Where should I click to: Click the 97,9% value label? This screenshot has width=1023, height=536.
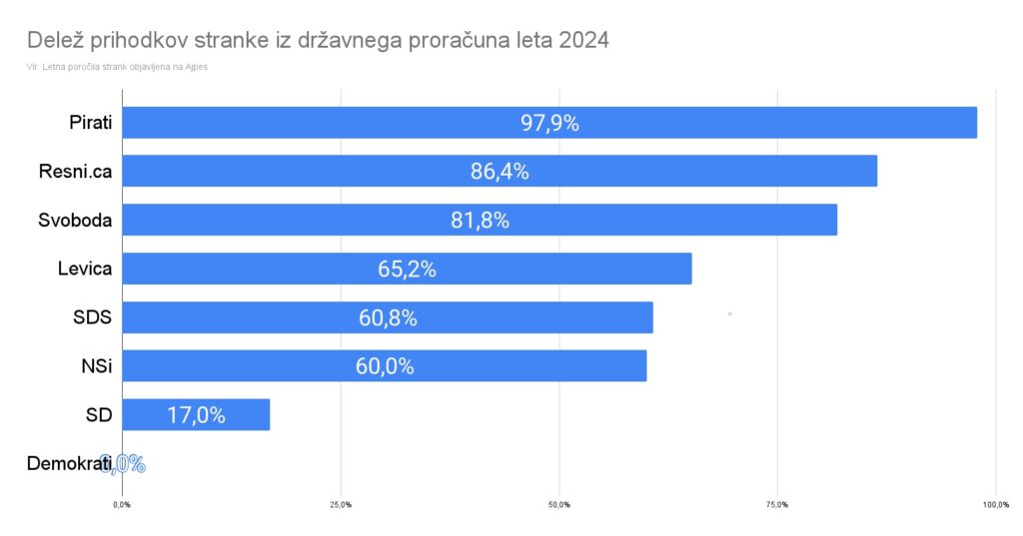[549, 123]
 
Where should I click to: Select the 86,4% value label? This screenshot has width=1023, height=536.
[500, 171]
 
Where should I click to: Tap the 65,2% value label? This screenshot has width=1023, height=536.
[408, 268]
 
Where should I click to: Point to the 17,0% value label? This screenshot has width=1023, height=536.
[196, 415]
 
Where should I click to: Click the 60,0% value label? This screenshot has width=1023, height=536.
[385, 366]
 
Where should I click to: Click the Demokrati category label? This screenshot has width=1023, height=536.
[69, 464]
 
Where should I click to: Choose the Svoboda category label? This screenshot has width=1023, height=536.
[74, 220]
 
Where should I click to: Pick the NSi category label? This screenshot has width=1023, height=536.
[96, 366]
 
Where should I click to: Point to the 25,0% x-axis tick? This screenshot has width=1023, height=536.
[340, 504]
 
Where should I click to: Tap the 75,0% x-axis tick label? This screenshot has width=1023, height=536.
[777, 504]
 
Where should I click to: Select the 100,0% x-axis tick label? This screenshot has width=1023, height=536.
[995, 504]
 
